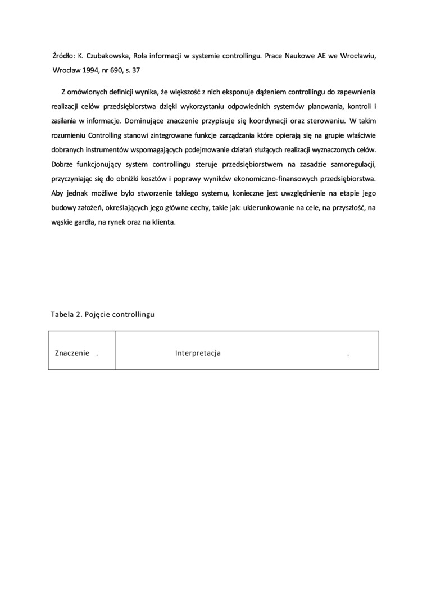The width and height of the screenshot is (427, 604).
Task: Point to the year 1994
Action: (x=90, y=71)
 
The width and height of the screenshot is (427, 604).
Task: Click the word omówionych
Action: (x=90, y=91)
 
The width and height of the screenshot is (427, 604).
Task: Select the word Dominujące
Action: (x=148, y=120)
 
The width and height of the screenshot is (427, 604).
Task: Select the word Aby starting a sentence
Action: (x=58, y=193)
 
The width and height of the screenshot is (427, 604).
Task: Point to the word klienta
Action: (x=163, y=222)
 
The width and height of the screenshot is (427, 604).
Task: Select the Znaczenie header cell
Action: (x=73, y=353)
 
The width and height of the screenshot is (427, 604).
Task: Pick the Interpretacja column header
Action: (x=198, y=353)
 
